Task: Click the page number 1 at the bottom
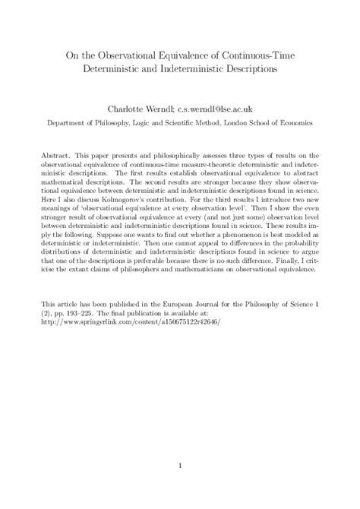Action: pyautogui.click(x=180, y=466)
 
